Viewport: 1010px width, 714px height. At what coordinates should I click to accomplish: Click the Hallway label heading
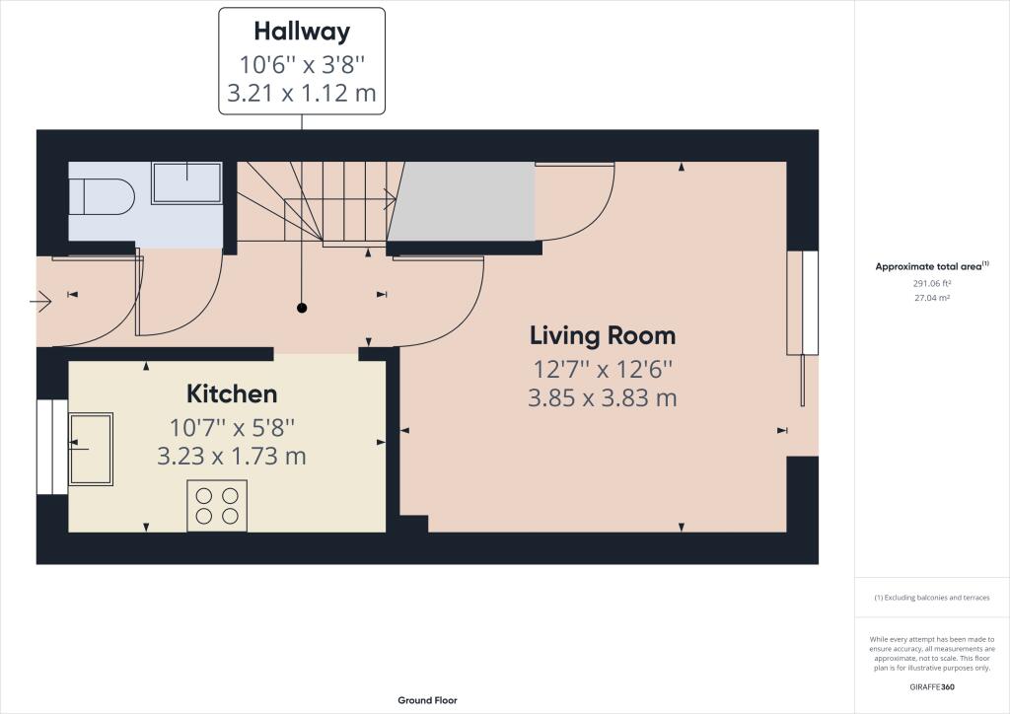click(302, 31)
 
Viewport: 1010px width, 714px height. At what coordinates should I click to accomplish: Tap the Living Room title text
click(603, 335)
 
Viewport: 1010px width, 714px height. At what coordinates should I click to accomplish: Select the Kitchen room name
click(232, 394)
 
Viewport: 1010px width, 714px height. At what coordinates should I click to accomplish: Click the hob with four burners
click(217, 505)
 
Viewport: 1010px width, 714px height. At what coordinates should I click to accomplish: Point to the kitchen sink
click(91, 449)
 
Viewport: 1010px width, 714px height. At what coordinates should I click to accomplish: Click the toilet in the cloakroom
click(102, 195)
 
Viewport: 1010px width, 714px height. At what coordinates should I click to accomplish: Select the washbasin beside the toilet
click(186, 183)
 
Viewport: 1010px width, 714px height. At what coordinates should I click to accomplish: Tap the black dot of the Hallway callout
click(302, 308)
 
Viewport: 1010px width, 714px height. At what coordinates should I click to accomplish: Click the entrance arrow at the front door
click(40, 301)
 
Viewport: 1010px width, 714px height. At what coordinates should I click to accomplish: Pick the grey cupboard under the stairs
click(462, 201)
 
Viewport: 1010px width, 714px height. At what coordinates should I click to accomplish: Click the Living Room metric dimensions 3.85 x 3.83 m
click(603, 397)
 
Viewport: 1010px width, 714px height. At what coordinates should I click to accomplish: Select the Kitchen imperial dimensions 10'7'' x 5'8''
click(232, 427)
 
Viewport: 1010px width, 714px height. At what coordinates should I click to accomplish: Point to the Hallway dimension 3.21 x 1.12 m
click(302, 94)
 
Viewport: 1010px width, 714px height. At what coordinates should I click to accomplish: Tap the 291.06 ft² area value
click(932, 283)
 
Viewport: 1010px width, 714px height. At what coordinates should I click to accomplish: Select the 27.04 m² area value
click(932, 298)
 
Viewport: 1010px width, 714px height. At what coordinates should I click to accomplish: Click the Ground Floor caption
click(427, 700)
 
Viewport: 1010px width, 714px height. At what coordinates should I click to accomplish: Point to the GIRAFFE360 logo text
click(932, 687)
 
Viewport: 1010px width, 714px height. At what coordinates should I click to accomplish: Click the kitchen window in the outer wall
click(52, 447)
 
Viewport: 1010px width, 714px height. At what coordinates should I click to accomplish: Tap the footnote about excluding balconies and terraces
click(932, 598)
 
